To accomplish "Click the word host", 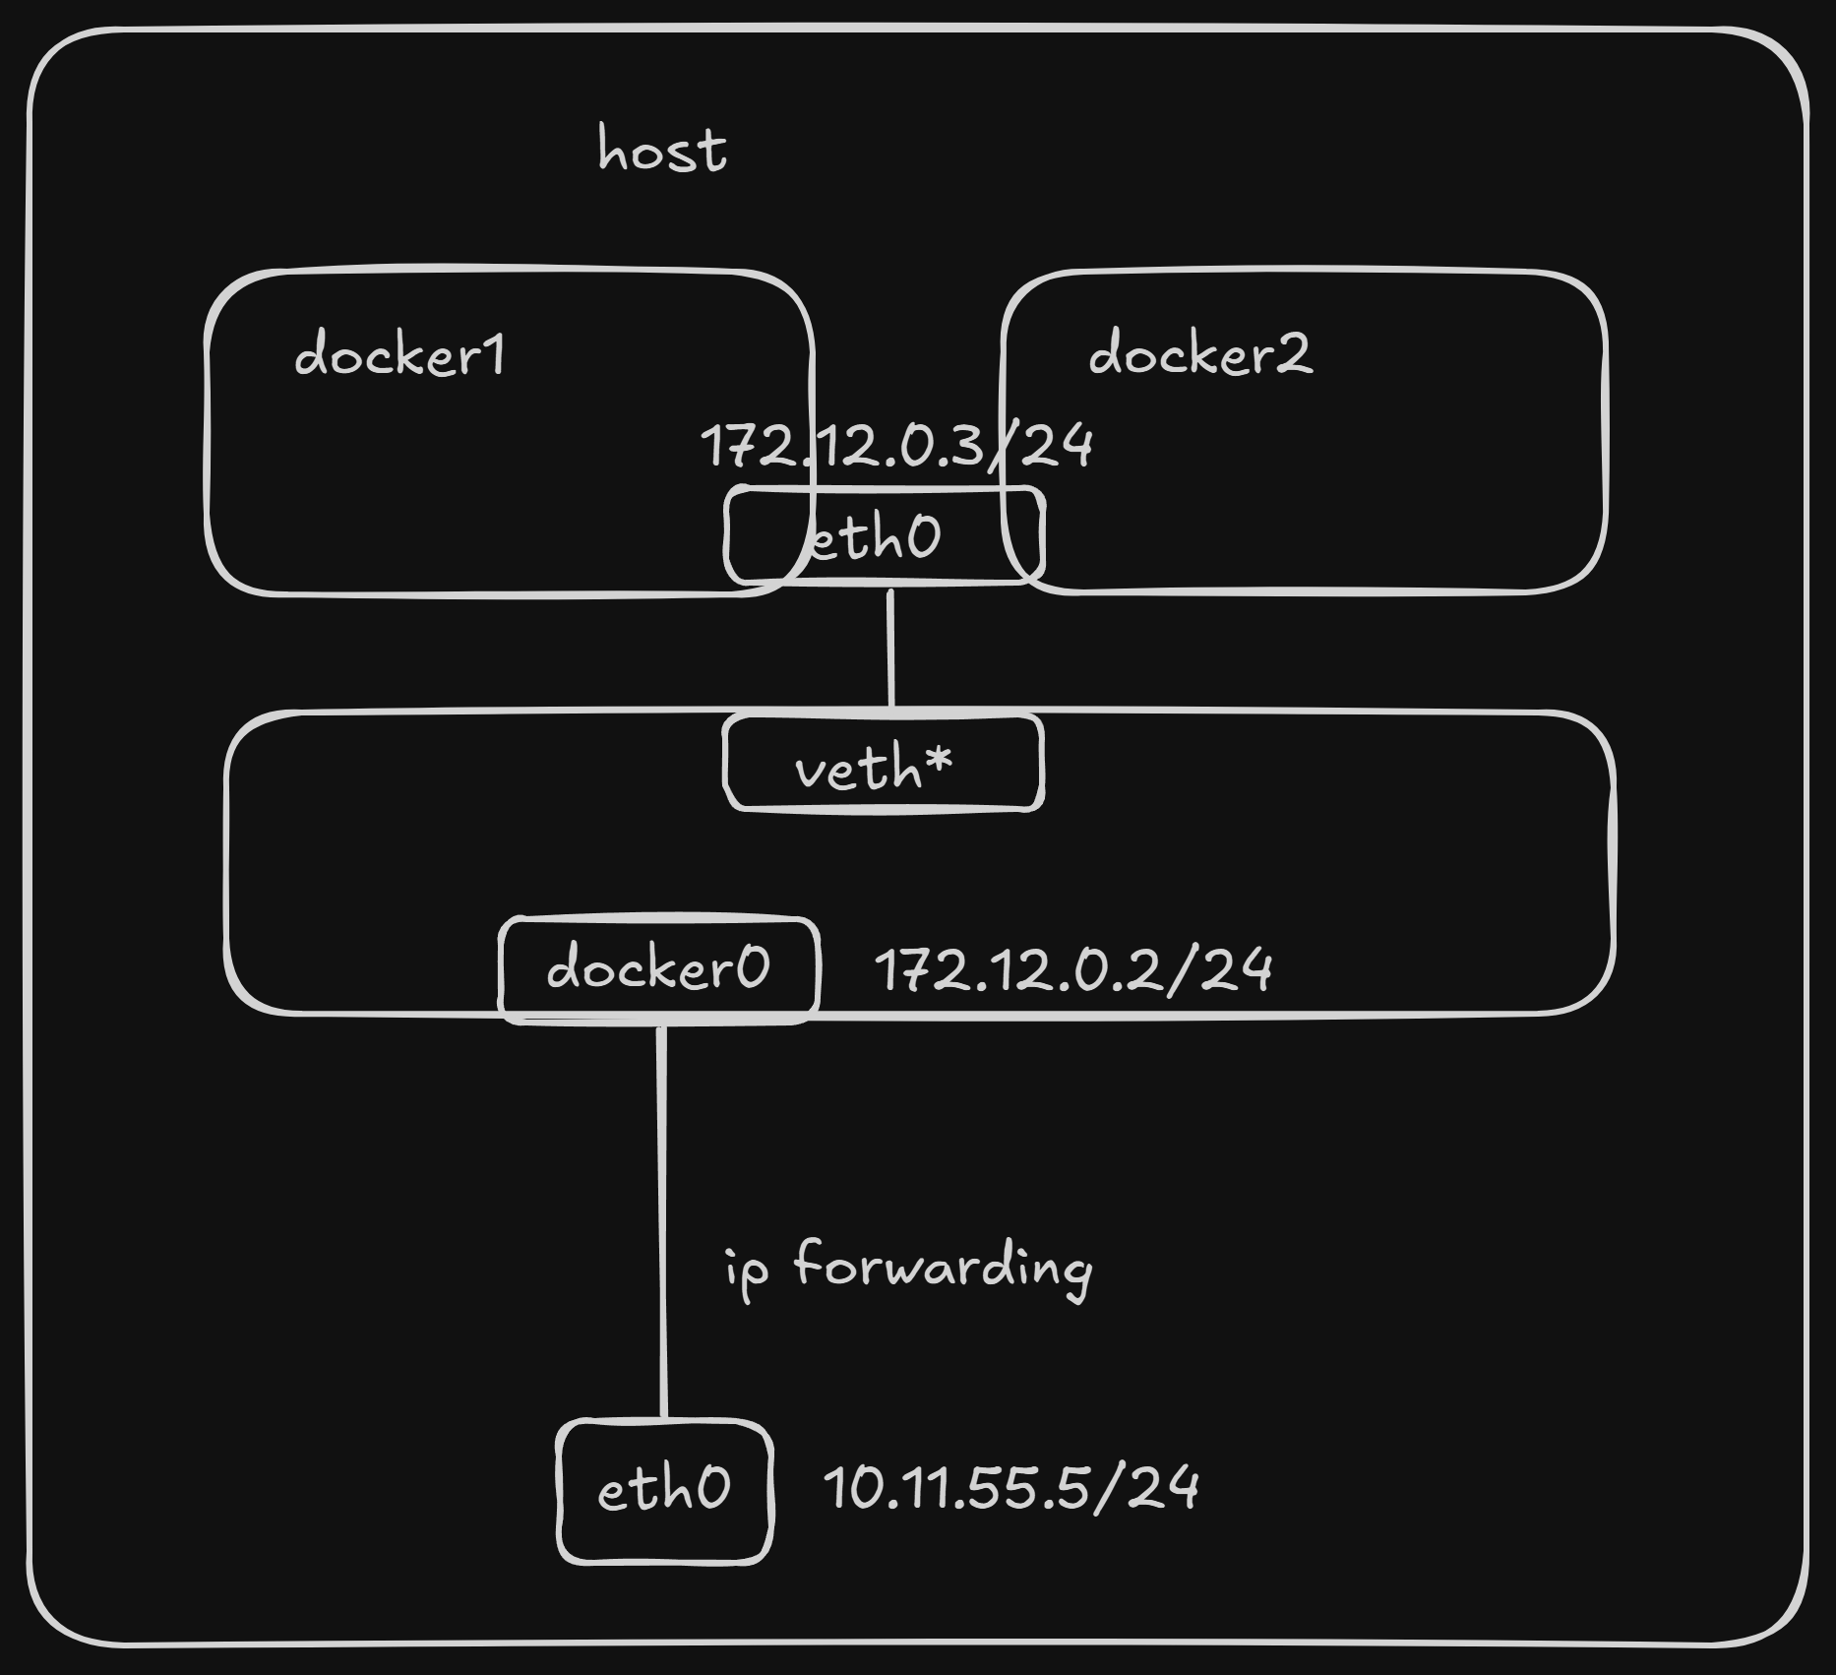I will point(662,152).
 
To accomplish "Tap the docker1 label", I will point(399,354).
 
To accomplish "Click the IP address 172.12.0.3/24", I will point(895,445).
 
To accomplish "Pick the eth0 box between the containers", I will point(883,536).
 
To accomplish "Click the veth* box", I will point(883,765).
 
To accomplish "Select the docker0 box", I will point(658,969).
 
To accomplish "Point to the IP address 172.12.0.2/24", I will point(1073,970).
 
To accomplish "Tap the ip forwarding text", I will point(907,1268).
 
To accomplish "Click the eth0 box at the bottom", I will point(664,1489).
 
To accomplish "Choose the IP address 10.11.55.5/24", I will point(1010,1487).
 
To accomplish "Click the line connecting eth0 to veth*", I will point(891,650).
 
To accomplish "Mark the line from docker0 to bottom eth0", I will point(662,1220).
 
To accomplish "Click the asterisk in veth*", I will point(938,759).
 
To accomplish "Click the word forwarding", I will point(943,1268).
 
